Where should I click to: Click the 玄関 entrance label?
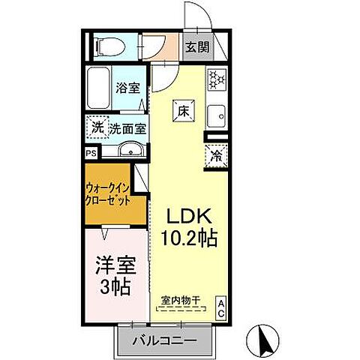tap(197, 46)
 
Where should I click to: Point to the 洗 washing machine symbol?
tap(97, 127)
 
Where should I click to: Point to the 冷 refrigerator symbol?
tap(215, 157)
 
